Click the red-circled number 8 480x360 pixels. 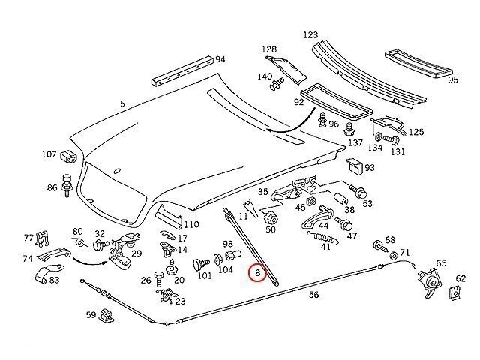(257, 274)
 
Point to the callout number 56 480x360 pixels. (313, 295)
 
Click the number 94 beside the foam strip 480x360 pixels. (220, 59)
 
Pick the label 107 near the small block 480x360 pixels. (49, 154)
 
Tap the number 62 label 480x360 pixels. (460, 277)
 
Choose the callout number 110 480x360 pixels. (191, 224)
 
